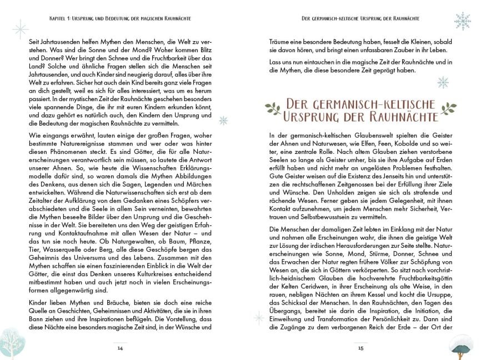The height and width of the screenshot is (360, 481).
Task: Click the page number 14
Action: pyautogui.click(x=119, y=348)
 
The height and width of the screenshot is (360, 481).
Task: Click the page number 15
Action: pyautogui.click(x=360, y=348)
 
